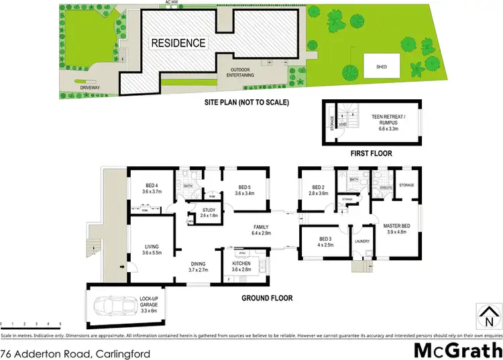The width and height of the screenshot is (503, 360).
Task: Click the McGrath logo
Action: click(457, 349)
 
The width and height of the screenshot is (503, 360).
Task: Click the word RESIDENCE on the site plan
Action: click(178, 43)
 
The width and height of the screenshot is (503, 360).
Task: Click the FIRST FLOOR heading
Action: click(371, 154)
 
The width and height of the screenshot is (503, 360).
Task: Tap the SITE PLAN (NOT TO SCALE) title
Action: click(247, 103)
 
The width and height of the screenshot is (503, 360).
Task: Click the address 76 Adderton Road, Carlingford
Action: click(75, 353)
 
